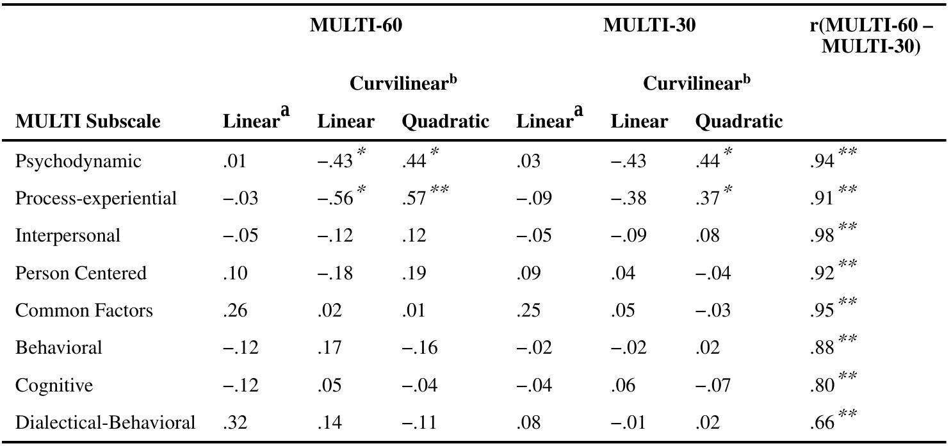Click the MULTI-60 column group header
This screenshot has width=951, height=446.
coord(355,26)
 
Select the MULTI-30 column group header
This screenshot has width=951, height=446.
coord(649,26)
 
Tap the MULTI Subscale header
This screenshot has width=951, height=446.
coord(87,121)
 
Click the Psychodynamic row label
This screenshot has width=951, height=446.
coord(77,161)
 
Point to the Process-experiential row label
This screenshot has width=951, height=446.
coord(95,199)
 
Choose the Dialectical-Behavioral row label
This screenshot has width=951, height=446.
coord(105,423)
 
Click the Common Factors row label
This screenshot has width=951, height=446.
coord(84,311)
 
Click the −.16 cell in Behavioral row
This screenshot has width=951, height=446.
coord(419,348)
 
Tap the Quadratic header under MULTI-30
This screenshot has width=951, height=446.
coord(738,121)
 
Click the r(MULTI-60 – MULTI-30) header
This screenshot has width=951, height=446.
coord(871,36)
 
